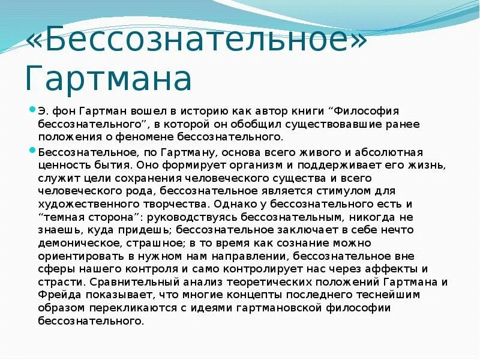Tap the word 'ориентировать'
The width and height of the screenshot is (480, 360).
pos(74,256)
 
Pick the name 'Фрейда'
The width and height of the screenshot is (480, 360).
pos(56,295)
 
